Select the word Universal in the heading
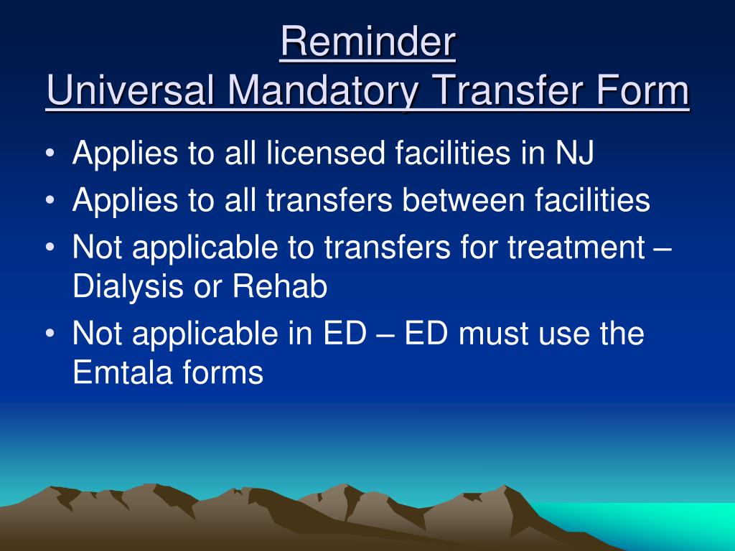click(x=131, y=90)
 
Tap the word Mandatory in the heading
click(x=324, y=91)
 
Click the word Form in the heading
click(x=642, y=90)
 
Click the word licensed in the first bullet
click(x=326, y=153)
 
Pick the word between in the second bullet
click(x=463, y=200)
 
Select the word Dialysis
click(x=128, y=287)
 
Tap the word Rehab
click(x=280, y=286)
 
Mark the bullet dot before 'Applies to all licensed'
click(x=51, y=154)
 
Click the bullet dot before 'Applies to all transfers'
click(x=51, y=200)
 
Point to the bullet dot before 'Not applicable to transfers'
click(x=51, y=247)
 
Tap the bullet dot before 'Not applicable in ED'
click(x=51, y=334)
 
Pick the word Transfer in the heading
click(x=507, y=90)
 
